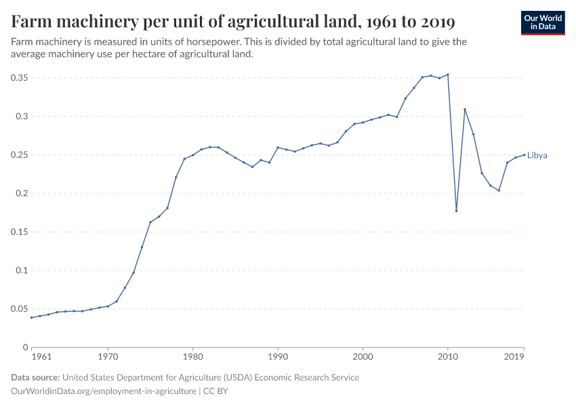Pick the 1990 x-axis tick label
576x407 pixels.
pyautogui.click(x=278, y=356)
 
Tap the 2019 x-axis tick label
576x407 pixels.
pyautogui.click(x=514, y=356)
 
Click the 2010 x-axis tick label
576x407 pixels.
pyautogui.click(x=448, y=356)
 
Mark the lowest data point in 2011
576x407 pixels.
pyautogui.click(x=457, y=211)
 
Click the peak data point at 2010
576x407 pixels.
pyautogui.click(x=448, y=75)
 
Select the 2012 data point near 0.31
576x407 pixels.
pyautogui.click(x=465, y=109)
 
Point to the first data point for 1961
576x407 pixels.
pyautogui.click(x=31, y=317)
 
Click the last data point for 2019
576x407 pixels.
pyautogui.click(x=524, y=155)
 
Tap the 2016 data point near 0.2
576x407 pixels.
pyautogui.click(x=499, y=191)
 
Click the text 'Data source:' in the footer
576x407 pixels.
pyautogui.click(x=35, y=377)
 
